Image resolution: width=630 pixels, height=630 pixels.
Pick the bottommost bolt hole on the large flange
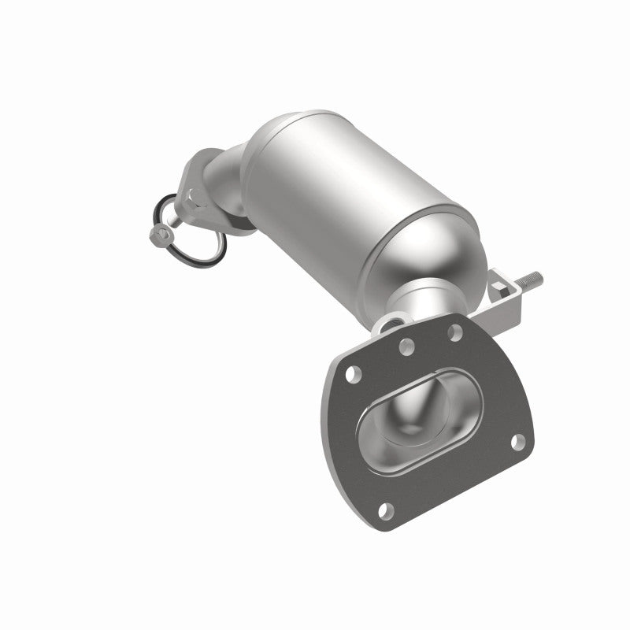[x=384, y=510]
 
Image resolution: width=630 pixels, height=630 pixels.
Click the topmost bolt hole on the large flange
[x=454, y=332]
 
